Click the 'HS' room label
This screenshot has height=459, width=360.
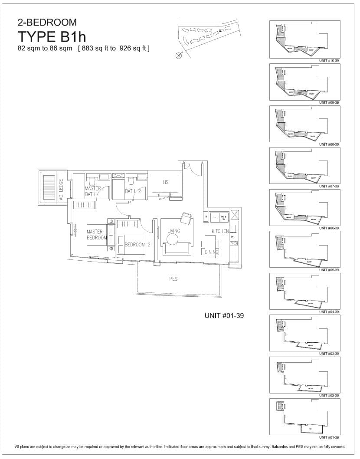coord(165,182)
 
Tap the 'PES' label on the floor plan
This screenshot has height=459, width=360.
coord(173,279)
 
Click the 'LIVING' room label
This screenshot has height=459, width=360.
coord(173,231)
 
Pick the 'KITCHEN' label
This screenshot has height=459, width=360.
coord(220,231)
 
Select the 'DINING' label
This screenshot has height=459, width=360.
coord(212,252)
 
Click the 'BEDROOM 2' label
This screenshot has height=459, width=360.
coord(137,245)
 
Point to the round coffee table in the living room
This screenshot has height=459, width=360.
coord(173,239)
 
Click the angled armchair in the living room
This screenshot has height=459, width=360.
coord(186,218)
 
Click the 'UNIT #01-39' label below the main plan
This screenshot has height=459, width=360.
coord(224,316)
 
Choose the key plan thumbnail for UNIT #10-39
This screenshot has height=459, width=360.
coord(304,39)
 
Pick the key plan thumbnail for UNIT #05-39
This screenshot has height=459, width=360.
coord(304,249)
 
